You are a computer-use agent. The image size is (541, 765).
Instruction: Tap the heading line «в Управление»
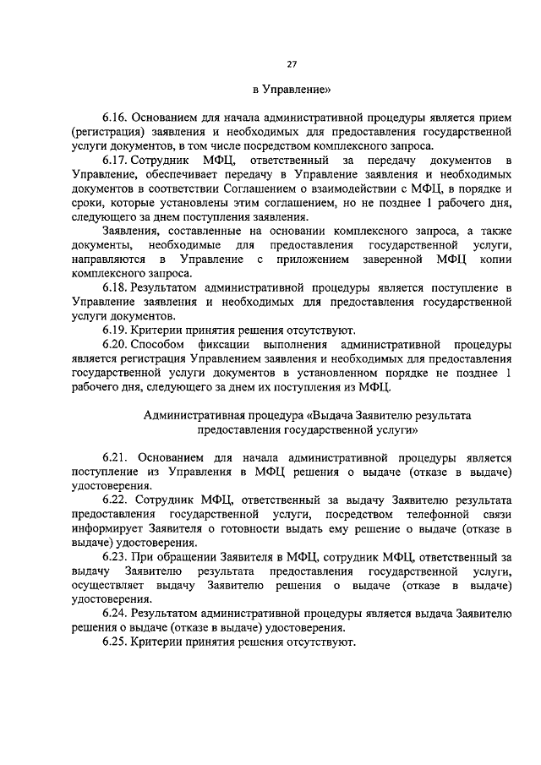coord(292,89)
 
